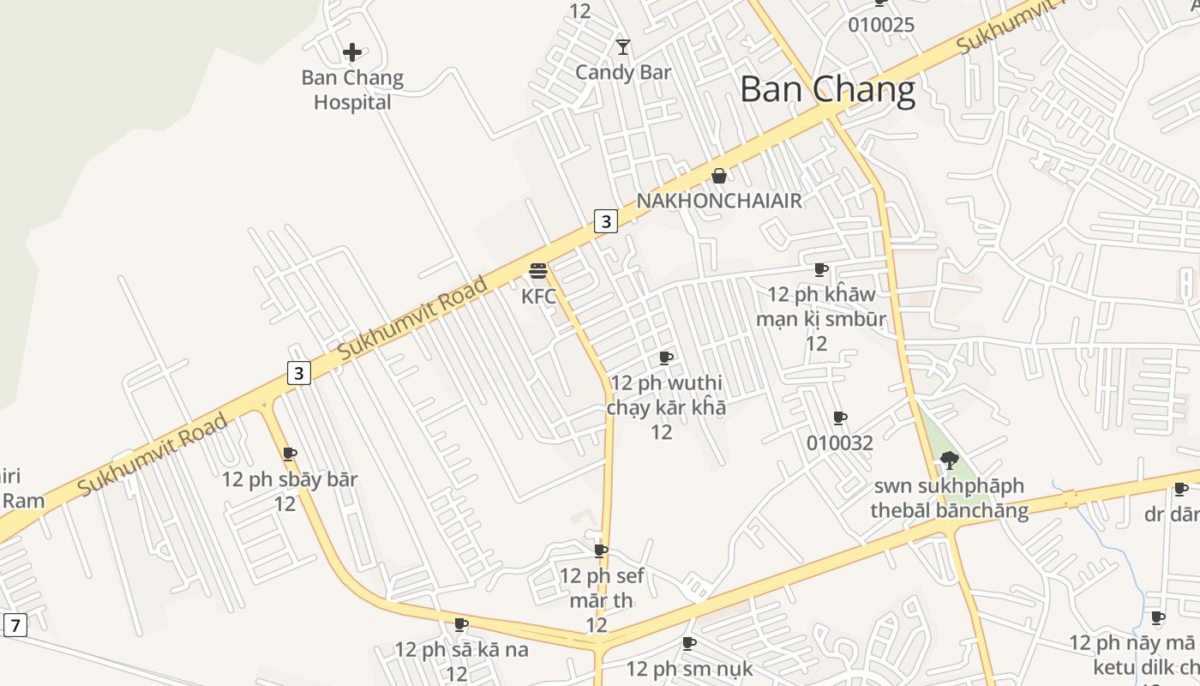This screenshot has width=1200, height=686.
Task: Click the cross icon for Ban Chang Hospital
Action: [351, 52]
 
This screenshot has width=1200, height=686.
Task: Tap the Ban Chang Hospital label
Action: [351, 90]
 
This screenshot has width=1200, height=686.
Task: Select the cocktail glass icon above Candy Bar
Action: [623, 47]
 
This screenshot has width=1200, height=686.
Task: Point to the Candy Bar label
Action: [623, 72]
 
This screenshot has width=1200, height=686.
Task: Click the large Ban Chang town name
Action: [827, 89]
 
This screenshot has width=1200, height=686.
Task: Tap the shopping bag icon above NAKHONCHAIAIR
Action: [719, 176]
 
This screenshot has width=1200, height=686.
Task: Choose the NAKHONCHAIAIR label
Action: [719, 201]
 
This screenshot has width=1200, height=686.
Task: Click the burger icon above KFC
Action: [538, 272]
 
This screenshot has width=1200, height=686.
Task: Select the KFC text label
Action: [538, 297]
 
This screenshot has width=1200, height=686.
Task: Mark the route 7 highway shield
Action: [15, 625]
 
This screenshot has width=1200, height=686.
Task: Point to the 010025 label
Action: [881, 25]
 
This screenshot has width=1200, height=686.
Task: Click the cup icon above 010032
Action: [840, 418]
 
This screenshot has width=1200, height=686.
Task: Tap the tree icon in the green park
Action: [949, 460]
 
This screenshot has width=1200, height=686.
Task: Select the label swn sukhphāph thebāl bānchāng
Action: [949, 498]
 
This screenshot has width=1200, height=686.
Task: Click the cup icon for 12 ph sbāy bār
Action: [290, 454]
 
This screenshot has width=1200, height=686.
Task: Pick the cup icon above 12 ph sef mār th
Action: [601, 551]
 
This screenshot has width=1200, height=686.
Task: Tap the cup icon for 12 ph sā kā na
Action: [461, 624]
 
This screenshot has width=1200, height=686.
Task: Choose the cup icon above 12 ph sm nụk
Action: [689, 643]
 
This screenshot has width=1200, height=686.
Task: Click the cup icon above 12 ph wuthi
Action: [666, 358]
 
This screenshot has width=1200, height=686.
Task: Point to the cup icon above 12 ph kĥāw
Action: [821, 270]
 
